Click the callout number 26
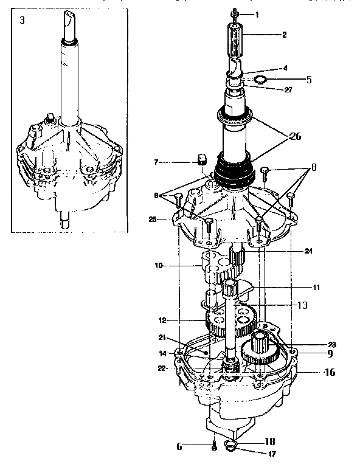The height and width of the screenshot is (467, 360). click(295, 137)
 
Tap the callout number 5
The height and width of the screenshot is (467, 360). click(309, 80)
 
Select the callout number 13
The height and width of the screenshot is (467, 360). click(302, 305)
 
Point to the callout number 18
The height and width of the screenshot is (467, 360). click(270, 441)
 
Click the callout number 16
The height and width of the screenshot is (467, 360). click(330, 372)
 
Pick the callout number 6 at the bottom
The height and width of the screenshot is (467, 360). click(179, 446)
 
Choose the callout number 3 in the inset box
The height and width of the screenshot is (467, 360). click(22, 21)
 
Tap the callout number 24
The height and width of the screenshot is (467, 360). click(308, 251)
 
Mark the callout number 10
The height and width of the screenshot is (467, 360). click(159, 265)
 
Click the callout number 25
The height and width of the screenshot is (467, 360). click(153, 220)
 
